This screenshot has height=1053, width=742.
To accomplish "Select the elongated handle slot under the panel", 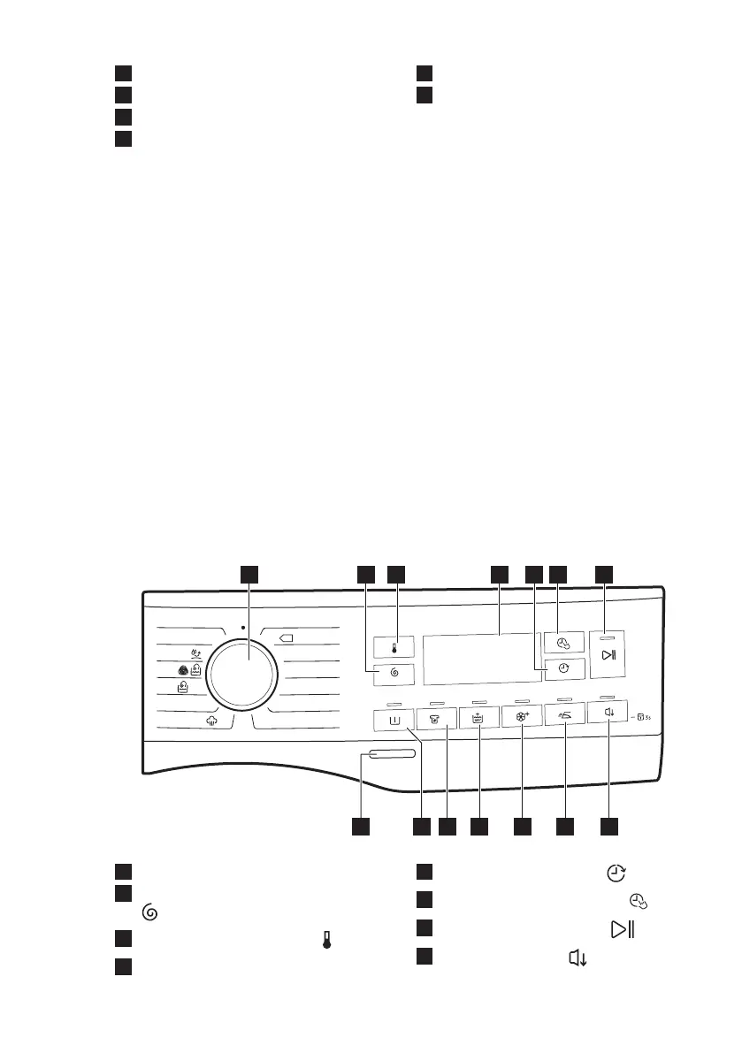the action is click(387, 754).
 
